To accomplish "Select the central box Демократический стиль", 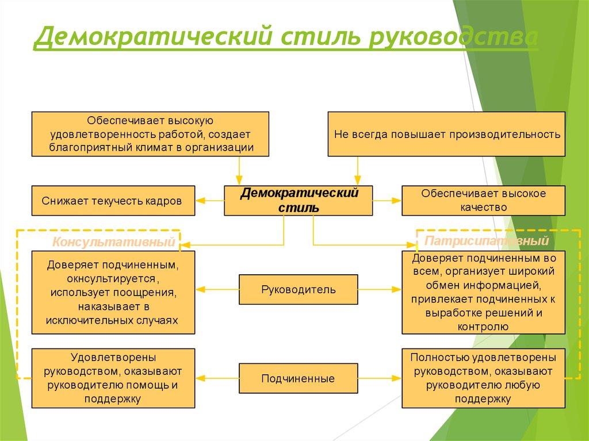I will coord(299,200).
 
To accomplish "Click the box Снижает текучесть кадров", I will coord(112,201).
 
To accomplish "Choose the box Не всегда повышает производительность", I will coord(447,135).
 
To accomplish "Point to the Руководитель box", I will coord(299,289).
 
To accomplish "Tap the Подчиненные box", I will coord(298,379).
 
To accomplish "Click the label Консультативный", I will coord(114,243).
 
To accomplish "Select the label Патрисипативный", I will coord(486,240).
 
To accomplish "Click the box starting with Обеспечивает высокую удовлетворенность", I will coord(150,134).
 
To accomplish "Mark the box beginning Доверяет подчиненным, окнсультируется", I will coord(113,292).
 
